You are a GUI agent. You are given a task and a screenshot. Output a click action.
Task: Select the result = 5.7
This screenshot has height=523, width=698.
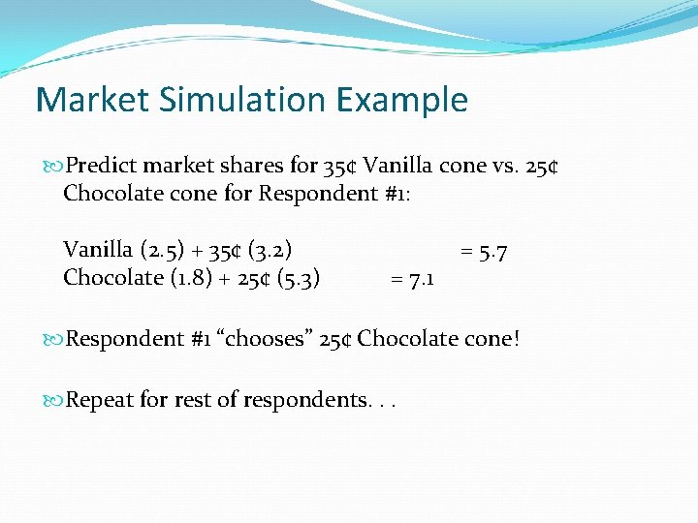484,252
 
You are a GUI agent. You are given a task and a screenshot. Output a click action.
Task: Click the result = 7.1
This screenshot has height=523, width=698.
412,280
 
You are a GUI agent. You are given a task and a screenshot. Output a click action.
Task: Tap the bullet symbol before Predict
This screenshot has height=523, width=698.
54,167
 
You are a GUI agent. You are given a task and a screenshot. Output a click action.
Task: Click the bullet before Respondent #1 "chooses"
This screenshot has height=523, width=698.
54,340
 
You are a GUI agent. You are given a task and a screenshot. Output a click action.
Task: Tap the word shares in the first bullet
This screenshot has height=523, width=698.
255,166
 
